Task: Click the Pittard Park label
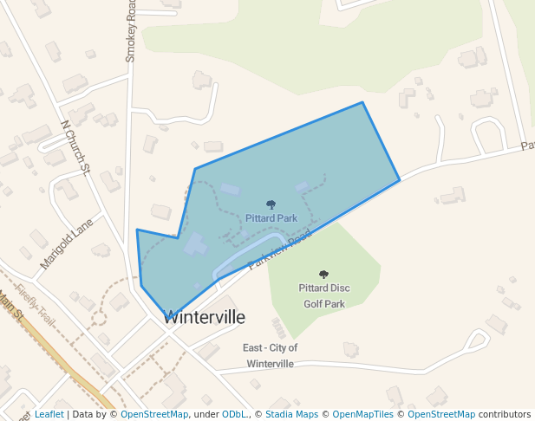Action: click(x=271, y=218)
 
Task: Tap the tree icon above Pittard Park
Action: click(x=271, y=205)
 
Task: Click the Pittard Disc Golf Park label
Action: click(x=324, y=295)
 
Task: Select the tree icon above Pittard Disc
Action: click(x=324, y=275)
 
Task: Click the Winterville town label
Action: click(x=205, y=317)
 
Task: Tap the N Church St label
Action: click(x=75, y=146)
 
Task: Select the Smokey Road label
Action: click(x=132, y=30)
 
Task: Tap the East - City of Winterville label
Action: click(x=270, y=355)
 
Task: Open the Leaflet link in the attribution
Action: click(x=49, y=414)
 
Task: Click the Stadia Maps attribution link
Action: click(x=290, y=414)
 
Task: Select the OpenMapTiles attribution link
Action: click(x=362, y=414)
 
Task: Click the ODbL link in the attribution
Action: click(x=235, y=414)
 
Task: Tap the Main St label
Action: click(x=10, y=307)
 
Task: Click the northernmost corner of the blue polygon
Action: click(x=362, y=102)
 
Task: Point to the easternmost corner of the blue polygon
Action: click(x=400, y=180)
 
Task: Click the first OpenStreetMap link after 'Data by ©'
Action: click(x=154, y=414)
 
